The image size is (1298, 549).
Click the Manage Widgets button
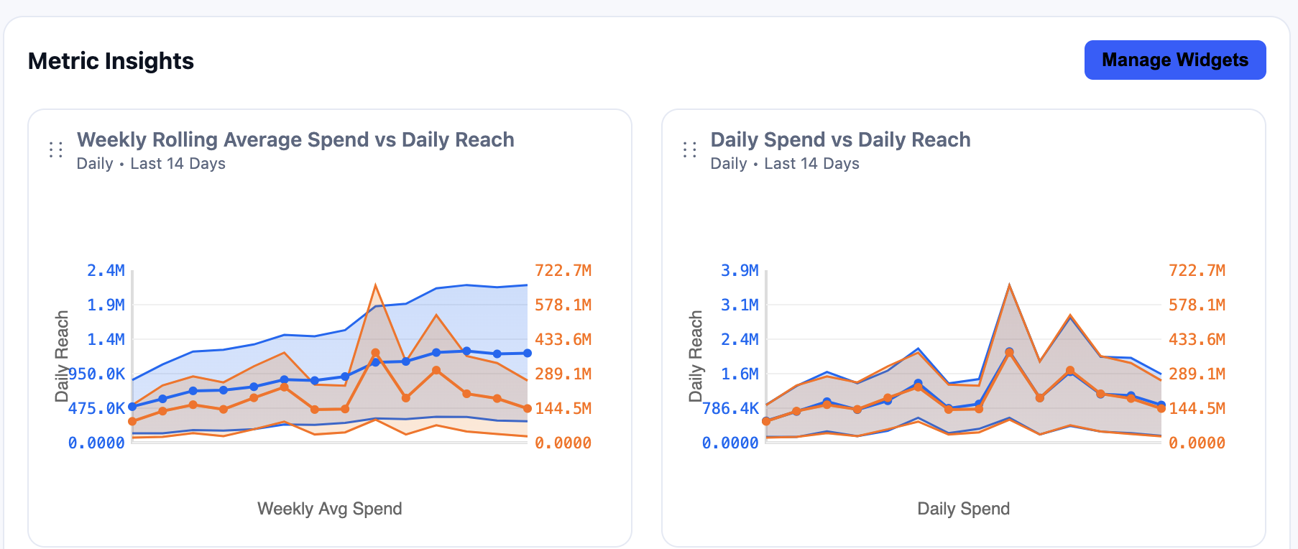click(1174, 60)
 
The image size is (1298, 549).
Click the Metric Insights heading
click(111, 61)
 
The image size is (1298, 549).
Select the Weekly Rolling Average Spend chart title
click(295, 139)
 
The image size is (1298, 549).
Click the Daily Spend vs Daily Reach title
click(840, 139)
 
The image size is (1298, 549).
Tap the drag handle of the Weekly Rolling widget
click(56, 149)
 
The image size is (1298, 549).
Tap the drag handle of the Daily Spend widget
click(690, 149)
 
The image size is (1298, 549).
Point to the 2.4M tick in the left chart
click(106, 271)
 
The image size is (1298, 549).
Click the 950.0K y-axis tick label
click(96, 374)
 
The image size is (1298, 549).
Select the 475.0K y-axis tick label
click(96, 409)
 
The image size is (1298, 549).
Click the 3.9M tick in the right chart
click(740, 271)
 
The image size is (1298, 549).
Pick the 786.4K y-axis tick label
click(730, 409)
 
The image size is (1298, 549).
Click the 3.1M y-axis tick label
click(740, 305)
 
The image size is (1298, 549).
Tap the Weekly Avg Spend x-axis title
click(330, 509)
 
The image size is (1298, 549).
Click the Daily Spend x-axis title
click(963, 509)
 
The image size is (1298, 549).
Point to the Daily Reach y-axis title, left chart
click(63, 356)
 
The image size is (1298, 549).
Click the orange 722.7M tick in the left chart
click(563, 271)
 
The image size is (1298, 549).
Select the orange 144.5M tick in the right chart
click(1197, 409)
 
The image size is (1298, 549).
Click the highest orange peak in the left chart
click(375, 286)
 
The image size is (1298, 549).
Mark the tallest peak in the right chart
click(1009, 285)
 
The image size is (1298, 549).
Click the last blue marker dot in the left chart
click(527, 353)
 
